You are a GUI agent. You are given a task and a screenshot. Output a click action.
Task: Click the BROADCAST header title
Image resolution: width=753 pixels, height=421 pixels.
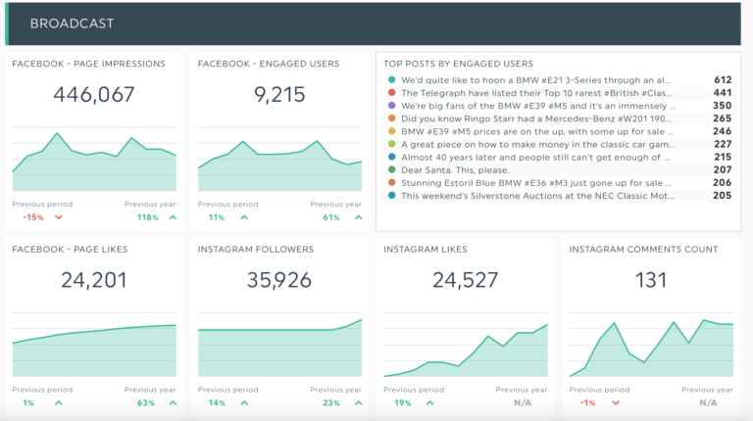click(72, 23)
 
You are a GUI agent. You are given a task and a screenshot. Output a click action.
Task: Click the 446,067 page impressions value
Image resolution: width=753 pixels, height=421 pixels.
click(94, 95)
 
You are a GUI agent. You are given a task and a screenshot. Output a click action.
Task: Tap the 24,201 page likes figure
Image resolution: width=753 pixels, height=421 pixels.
click(94, 280)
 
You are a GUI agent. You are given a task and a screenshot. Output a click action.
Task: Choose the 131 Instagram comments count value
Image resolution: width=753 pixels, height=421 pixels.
click(651, 280)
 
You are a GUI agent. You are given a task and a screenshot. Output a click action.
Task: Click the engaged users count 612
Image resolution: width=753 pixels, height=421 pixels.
click(723, 80)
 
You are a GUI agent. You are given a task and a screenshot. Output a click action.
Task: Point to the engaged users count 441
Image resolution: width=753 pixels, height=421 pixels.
click(723, 93)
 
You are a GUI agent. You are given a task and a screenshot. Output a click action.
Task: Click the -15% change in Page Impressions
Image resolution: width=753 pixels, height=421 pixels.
click(33, 217)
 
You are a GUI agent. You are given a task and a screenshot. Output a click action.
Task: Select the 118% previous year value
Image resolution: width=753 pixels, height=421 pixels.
click(148, 217)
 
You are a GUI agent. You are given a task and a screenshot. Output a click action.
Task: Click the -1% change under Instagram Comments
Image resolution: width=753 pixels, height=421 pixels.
click(587, 402)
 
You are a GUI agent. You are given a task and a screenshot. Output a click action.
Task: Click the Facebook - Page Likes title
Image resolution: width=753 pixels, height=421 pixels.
click(70, 250)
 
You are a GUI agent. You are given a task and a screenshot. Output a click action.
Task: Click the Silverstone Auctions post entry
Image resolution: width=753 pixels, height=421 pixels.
click(537, 195)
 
